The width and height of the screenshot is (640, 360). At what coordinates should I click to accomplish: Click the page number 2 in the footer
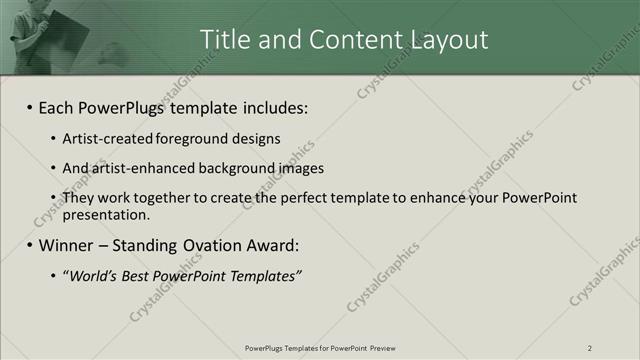pos(589,348)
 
